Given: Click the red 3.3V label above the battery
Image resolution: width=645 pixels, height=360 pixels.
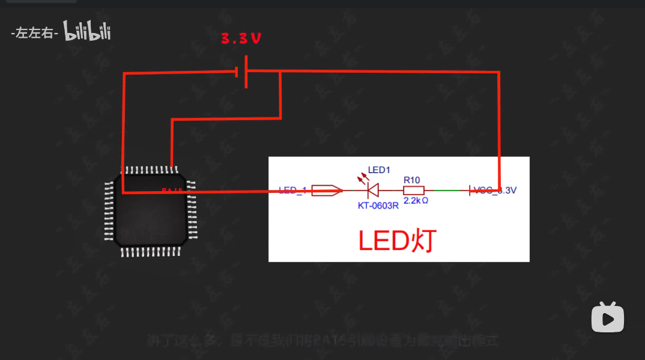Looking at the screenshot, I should (x=241, y=39).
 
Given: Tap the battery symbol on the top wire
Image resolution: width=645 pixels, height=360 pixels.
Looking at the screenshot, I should (x=243, y=72).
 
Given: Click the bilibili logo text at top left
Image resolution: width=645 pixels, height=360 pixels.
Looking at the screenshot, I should (x=88, y=33).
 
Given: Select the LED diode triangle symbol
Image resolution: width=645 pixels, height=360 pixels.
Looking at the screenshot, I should (x=372, y=191).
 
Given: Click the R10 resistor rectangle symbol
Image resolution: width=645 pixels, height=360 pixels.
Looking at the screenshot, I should (x=413, y=191).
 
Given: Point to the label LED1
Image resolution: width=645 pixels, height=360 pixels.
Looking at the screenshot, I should (x=379, y=170).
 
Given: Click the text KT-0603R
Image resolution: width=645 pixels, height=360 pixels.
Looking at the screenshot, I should (x=378, y=205).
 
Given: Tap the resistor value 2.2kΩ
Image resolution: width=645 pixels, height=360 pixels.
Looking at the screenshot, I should (x=416, y=201).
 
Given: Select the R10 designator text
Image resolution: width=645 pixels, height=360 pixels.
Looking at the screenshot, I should (x=411, y=180).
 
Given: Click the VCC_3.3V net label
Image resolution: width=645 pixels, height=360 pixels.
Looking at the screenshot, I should (x=495, y=191).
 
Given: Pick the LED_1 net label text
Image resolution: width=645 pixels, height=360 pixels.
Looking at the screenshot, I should (x=293, y=191).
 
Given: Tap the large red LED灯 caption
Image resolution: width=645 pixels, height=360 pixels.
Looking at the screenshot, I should (x=396, y=241).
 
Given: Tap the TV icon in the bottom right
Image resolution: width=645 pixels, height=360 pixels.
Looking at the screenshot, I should (x=608, y=317).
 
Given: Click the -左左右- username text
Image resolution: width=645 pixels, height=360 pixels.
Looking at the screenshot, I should (x=34, y=34).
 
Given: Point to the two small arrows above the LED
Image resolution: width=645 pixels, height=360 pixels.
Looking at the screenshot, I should (x=362, y=178).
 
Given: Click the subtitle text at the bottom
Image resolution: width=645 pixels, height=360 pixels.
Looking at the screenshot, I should (x=323, y=341).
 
